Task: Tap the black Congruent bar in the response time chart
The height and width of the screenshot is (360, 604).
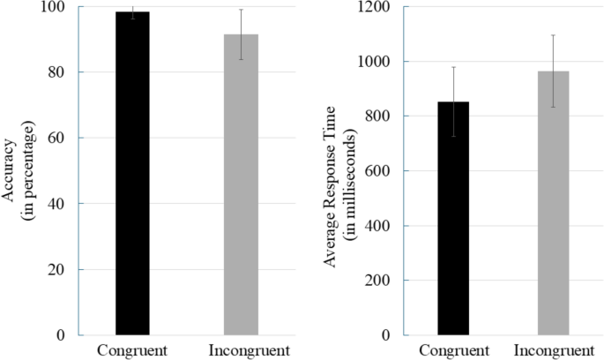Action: (x=454, y=221)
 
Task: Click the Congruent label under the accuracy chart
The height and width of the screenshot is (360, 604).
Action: (x=132, y=349)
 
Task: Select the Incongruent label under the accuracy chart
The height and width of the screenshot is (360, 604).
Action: (x=241, y=349)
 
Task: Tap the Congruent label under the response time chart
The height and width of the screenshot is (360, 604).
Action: (x=454, y=349)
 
